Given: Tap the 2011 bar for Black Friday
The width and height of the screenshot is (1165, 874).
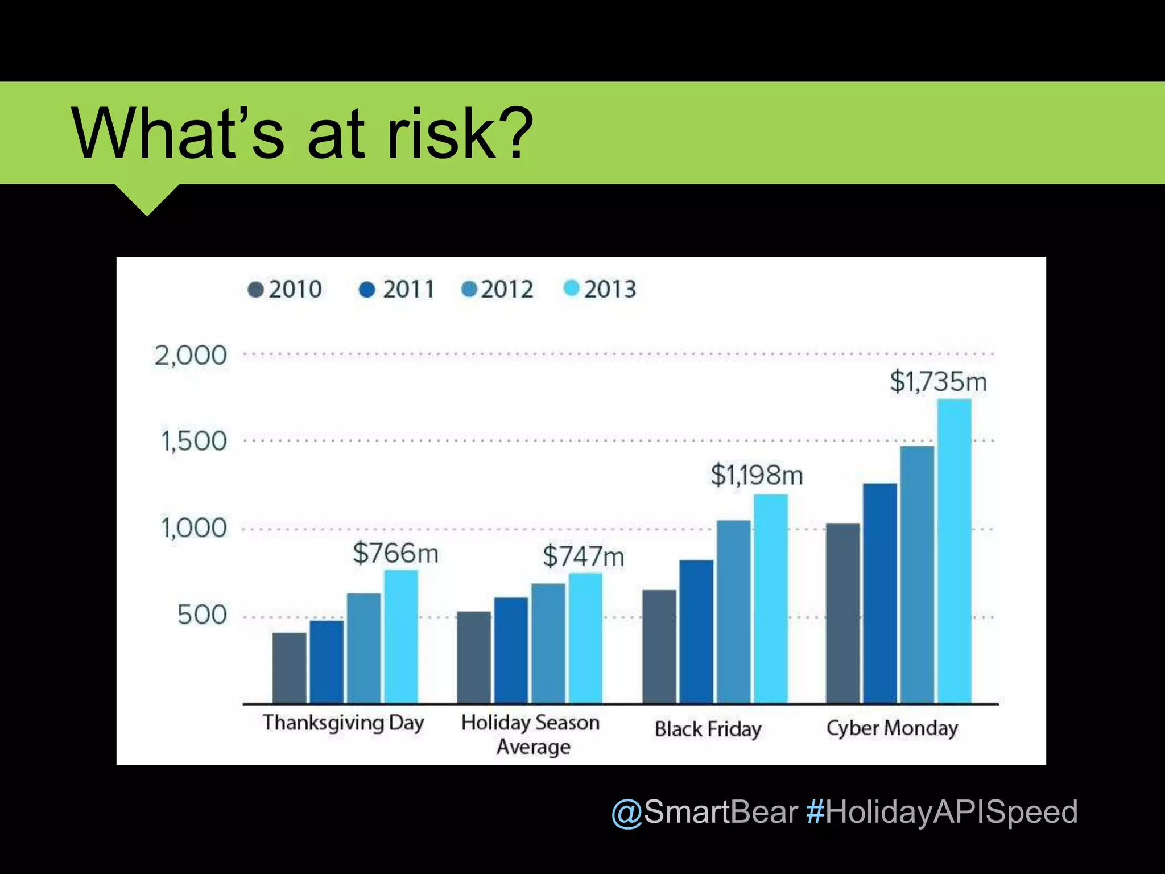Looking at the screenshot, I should tap(696, 632).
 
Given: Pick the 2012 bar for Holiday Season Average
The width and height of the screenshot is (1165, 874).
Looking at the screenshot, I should tap(548, 643).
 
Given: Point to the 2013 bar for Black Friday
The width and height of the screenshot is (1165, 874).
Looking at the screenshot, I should tap(770, 599).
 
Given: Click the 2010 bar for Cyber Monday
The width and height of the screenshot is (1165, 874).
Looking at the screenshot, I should tap(842, 613).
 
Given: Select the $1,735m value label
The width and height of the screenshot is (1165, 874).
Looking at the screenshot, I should tap(938, 381).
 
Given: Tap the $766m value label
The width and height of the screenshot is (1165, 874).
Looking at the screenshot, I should tap(395, 553).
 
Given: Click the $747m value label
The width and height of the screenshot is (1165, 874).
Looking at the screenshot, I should tap(583, 556).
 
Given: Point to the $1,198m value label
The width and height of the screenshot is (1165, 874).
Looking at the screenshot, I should tap(757, 475).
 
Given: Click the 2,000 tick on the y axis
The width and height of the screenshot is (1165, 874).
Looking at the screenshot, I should tap(191, 356).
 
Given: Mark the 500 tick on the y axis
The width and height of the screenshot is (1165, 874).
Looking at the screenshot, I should tap(202, 615).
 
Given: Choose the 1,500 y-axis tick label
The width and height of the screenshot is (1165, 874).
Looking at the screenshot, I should tap(193, 441).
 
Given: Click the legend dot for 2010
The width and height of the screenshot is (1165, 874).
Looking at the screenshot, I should tap(256, 290).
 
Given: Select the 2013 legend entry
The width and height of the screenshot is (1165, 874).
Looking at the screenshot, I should tap(600, 289).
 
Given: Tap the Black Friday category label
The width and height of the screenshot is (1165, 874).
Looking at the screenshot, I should tap(708, 729).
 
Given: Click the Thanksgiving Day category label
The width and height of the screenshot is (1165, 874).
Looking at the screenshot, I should tap(343, 723).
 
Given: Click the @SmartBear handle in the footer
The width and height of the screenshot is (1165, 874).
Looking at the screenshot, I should tap(704, 811).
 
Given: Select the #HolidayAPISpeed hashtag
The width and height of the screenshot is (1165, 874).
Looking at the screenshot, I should tap(941, 811).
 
